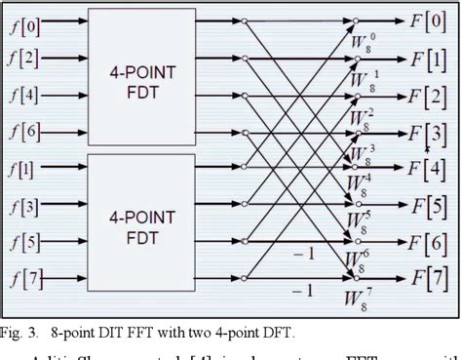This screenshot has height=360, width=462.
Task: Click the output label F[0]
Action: [x=428, y=19]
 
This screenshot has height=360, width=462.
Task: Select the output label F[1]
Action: [x=428, y=59]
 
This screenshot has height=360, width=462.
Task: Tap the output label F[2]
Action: [x=428, y=96]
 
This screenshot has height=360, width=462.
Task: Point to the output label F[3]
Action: [x=428, y=132]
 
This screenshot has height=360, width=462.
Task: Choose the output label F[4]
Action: [x=428, y=168]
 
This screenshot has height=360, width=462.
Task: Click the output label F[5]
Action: [x=428, y=205]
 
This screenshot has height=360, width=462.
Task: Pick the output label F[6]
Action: [x=428, y=242]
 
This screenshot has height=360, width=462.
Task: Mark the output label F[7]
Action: [x=428, y=279]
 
